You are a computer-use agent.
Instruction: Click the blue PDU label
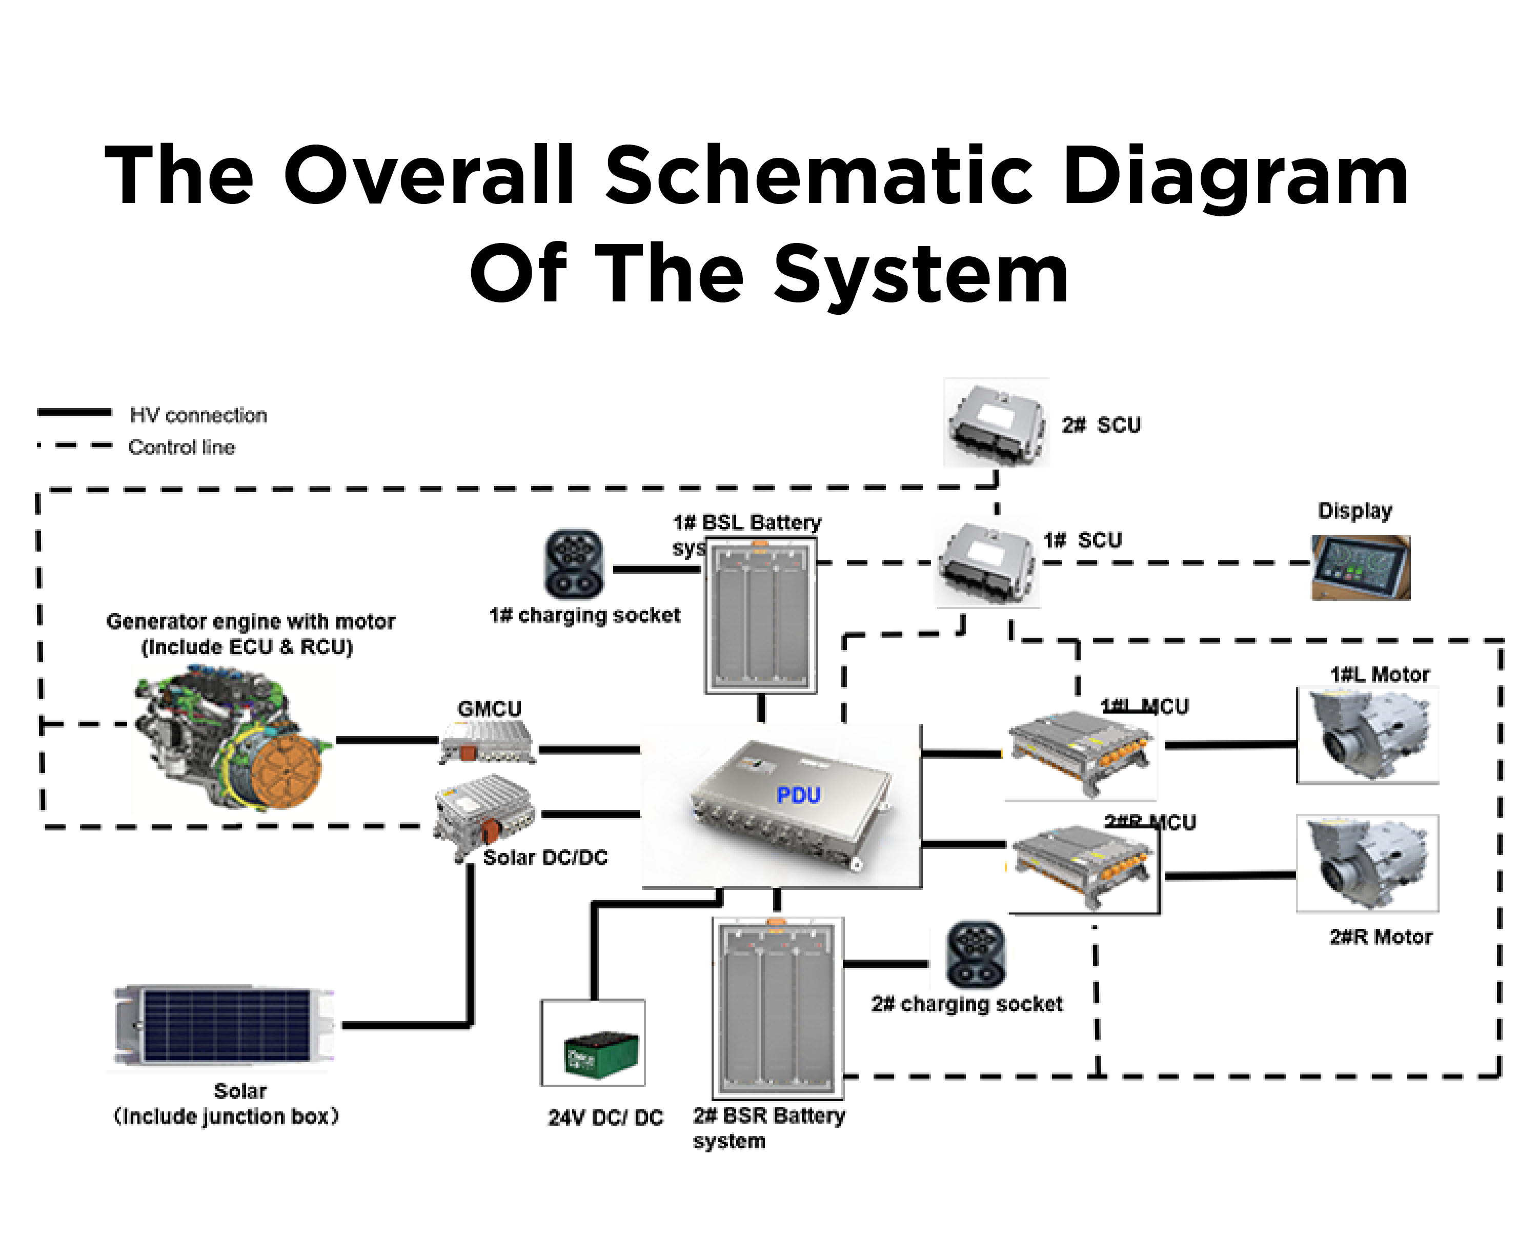point(798,795)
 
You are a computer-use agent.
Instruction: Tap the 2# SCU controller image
point(996,423)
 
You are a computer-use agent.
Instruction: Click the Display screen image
point(1360,568)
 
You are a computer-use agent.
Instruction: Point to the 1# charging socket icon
point(574,563)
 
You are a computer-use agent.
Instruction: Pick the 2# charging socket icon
point(975,955)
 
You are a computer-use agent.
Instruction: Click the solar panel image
point(225,1025)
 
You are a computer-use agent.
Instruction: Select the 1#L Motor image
point(1368,736)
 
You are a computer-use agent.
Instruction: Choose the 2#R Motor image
point(1368,863)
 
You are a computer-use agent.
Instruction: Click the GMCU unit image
point(487,741)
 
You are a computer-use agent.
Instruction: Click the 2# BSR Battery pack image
point(778,1008)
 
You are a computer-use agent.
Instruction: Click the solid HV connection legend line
point(74,413)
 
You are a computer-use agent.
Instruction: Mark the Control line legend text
point(181,448)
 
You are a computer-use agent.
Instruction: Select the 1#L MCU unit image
point(1080,752)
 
